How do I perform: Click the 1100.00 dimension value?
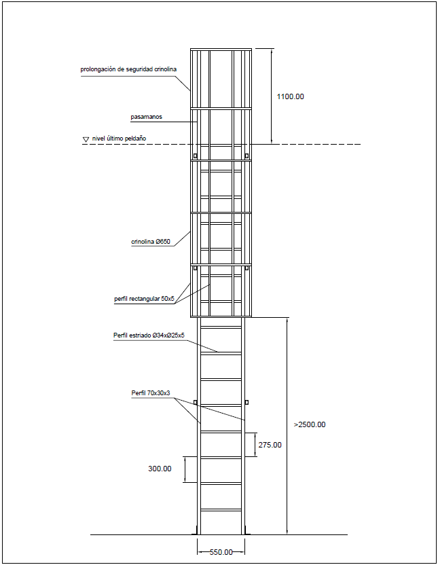click(290, 96)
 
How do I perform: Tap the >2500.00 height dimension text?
click(310, 424)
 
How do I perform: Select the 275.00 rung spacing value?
click(270, 445)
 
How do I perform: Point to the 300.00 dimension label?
click(160, 469)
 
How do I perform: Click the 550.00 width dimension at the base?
click(221, 552)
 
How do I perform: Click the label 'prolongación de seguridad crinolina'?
click(128, 69)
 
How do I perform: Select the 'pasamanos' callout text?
click(146, 117)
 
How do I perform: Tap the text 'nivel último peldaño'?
click(120, 139)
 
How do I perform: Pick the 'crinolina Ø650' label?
click(151, 242)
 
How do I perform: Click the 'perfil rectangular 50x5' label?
click(144, 299)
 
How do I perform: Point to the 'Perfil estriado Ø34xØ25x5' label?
click(149, 335)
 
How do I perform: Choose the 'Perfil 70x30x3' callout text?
click(151, 393)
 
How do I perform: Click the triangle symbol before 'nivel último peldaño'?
click(86, 139)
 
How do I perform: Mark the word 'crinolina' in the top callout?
click(165, 69)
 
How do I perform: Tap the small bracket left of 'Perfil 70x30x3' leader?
click(195, 402)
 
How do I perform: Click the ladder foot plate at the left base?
click(195, 531)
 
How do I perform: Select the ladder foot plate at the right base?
click(247, 531)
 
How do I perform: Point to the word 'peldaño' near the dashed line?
click(136, 139)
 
